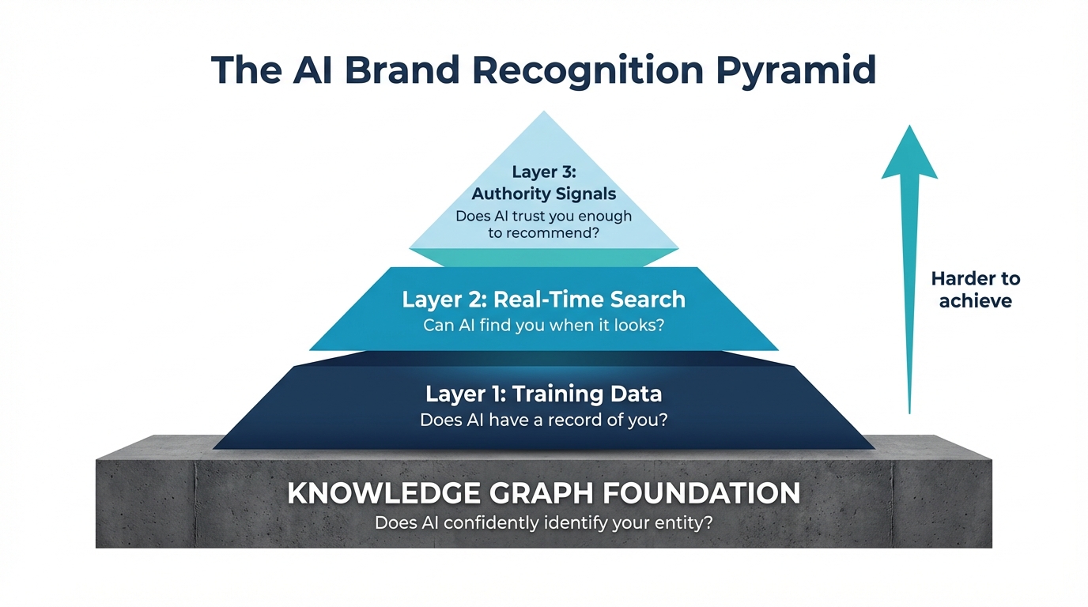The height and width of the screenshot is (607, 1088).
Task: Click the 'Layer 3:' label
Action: point(544,172)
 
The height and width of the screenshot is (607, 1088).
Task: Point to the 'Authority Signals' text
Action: point(544,194)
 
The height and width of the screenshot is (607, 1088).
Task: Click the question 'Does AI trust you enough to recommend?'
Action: point(544,224)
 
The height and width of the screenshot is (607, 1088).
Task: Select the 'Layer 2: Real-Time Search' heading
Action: point(544,300)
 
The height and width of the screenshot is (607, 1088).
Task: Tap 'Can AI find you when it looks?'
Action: point(544,325)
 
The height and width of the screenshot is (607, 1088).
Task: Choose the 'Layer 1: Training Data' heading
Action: point(544,394)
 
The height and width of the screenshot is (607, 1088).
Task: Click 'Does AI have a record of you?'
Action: point(544,420)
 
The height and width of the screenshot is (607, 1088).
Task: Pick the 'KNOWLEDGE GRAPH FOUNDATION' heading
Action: point(544,493)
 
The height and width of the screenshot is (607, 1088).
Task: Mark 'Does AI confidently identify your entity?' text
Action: point(544,522)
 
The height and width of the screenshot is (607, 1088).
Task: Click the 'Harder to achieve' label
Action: point(976,289)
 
